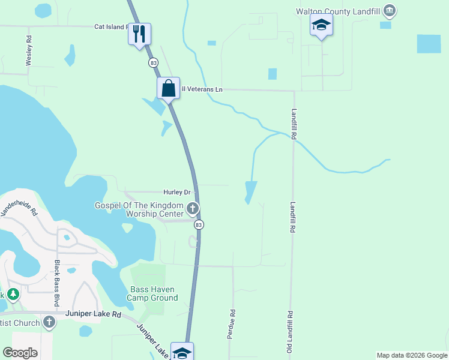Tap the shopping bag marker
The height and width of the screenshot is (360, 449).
pos(169,88)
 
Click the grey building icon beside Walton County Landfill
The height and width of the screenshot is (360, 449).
pos(390,10)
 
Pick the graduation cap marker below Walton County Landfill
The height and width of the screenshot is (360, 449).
pos(321,25)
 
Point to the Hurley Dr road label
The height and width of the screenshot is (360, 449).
pos(176,192)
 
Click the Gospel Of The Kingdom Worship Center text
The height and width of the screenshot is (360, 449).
pos(139,209)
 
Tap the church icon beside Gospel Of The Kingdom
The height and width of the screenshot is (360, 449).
pos(193,209)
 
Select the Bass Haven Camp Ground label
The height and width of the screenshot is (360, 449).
pos(154,293)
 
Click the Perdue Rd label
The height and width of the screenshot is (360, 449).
pos(231,325)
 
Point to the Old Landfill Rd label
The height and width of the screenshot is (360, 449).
pos(289,331)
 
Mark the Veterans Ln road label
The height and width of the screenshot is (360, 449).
pos(202,89)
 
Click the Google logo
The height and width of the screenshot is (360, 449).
pos(20,353)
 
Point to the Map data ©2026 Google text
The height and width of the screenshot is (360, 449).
pos(411,355)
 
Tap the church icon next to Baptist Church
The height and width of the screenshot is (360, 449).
pos(49,323)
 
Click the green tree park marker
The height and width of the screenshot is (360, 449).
pos(13,295)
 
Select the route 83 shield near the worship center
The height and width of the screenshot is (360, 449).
pos(199,224)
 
